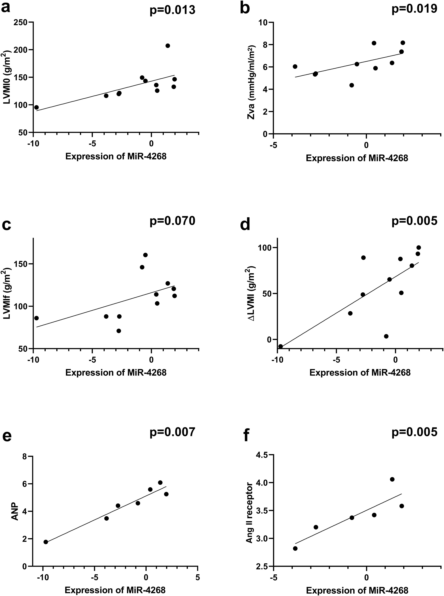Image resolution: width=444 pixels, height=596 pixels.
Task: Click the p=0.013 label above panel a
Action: click(172, 10)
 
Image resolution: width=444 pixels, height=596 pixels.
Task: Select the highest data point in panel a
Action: click(168, 46)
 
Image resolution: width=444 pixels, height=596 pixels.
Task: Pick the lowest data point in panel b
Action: click(352, 85)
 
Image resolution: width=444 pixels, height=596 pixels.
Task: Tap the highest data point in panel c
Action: click(145, 255)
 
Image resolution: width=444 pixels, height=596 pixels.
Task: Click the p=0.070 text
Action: click(172, 221)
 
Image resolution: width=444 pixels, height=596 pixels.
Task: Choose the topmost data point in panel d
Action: click(418, 248)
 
